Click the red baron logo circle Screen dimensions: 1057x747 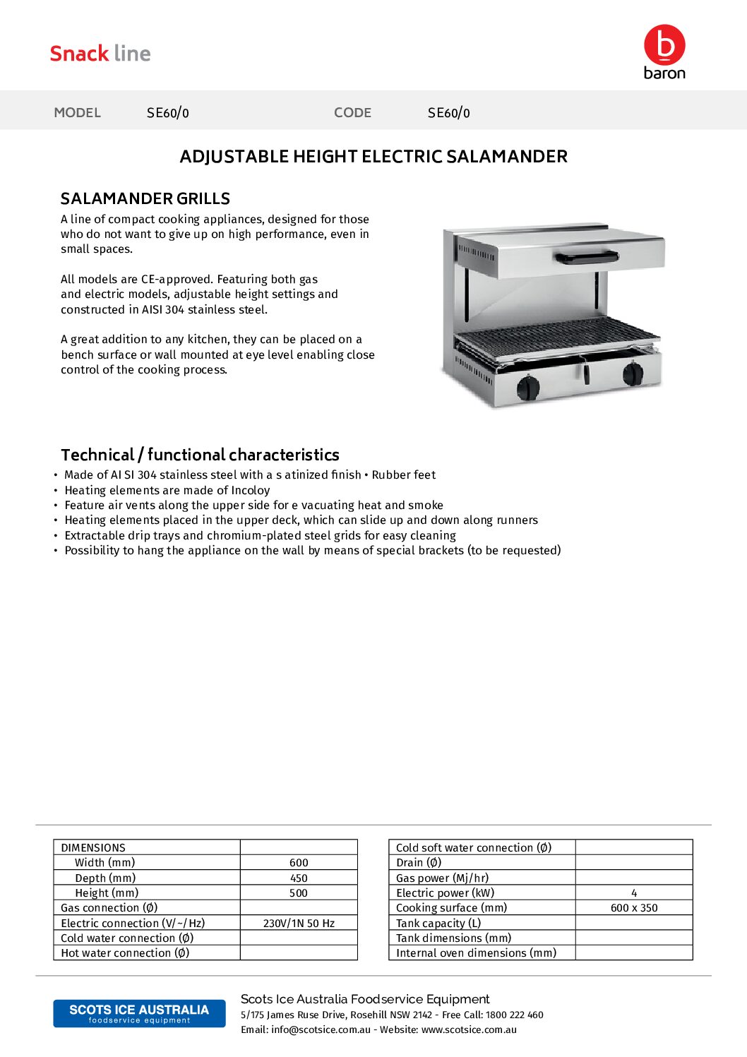pyautogui.click(x=664, y=44)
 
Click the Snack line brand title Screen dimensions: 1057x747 pyautogui.click(x=100, y=54)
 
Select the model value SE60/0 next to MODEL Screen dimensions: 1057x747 pyautogui.click(x=167, y=113)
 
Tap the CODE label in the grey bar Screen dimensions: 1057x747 pyautogui.click(x=352, y=113)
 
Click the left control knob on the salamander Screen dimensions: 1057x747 pyautogui.click(x=528, y=387)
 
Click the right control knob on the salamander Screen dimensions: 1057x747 pyautogui.click(x=633, y=373)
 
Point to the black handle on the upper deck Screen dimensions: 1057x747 pyautogui.click(x=586, y=258)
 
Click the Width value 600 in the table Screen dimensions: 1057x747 pyautogui.click(x=299, y=863)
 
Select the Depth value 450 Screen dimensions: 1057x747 pyautogui.click(x=299, y=878)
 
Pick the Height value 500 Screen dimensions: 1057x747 pyautogui.click(x=299, y=893)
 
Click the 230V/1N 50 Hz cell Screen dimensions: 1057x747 pyautogui.click(x=299, y=924)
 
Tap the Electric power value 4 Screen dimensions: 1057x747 pyautogui.click(x=634, y=893)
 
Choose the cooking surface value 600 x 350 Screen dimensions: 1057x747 pyautogui.click(x=634, y=908)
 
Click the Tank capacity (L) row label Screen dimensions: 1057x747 pyautogui.click(x=438, y=924)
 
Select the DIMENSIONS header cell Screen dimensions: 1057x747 pyautogui.click(x=93, y=848)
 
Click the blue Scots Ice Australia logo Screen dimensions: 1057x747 pyautogui.click(x=139, y=1013)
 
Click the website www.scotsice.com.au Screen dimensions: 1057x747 pyautogui.click(x=469, y=1029)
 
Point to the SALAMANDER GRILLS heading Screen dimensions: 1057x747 pyautogui.click(x=145, y=198)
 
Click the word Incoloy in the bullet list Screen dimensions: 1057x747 pyautogui.click(x=251, y=490)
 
